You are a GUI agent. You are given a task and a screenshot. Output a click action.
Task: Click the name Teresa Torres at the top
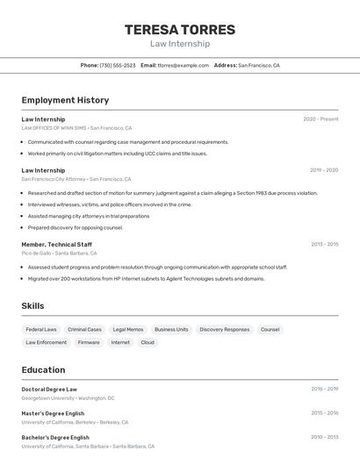tap(180, 29)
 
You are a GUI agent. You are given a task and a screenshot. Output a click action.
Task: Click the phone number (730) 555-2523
tap(118, 65)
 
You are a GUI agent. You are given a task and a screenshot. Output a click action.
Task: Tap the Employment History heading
tap(65, 100)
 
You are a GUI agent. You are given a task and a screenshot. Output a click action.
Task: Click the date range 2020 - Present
tap(320, 119)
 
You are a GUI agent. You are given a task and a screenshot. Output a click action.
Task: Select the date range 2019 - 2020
tap(323, 170)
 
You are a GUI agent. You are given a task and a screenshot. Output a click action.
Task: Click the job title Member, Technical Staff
tap(56, 244)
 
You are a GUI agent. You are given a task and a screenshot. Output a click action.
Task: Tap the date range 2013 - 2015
tap(323, 244)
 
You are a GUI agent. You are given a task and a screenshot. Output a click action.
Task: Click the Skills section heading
tap(33, 306)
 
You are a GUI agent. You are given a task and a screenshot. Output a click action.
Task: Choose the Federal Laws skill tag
tap(41, 330)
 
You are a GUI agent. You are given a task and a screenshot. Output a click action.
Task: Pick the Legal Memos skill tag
tap(128, 330)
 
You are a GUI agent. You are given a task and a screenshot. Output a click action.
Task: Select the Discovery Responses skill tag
tap(224, 330)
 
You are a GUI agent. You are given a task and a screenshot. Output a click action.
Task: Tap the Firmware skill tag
tap(89, 343)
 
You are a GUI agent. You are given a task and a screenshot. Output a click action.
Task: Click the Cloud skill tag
tap(148, 343)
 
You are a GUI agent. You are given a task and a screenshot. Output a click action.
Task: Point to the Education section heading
tap(43, 369)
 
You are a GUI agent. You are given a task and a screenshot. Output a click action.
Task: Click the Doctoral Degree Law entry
tap(49, 389)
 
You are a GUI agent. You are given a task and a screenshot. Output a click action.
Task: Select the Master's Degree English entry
tap(53, 413)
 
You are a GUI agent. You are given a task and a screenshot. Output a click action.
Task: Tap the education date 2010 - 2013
tap(323, 437)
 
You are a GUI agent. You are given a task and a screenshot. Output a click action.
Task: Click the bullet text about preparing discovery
tap(76, 227)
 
